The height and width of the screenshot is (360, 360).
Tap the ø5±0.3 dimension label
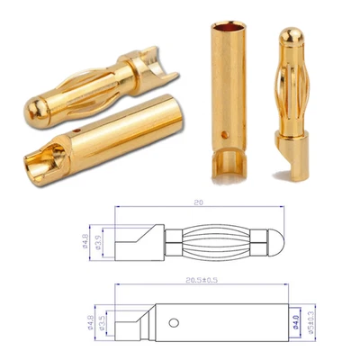[310, 318]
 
